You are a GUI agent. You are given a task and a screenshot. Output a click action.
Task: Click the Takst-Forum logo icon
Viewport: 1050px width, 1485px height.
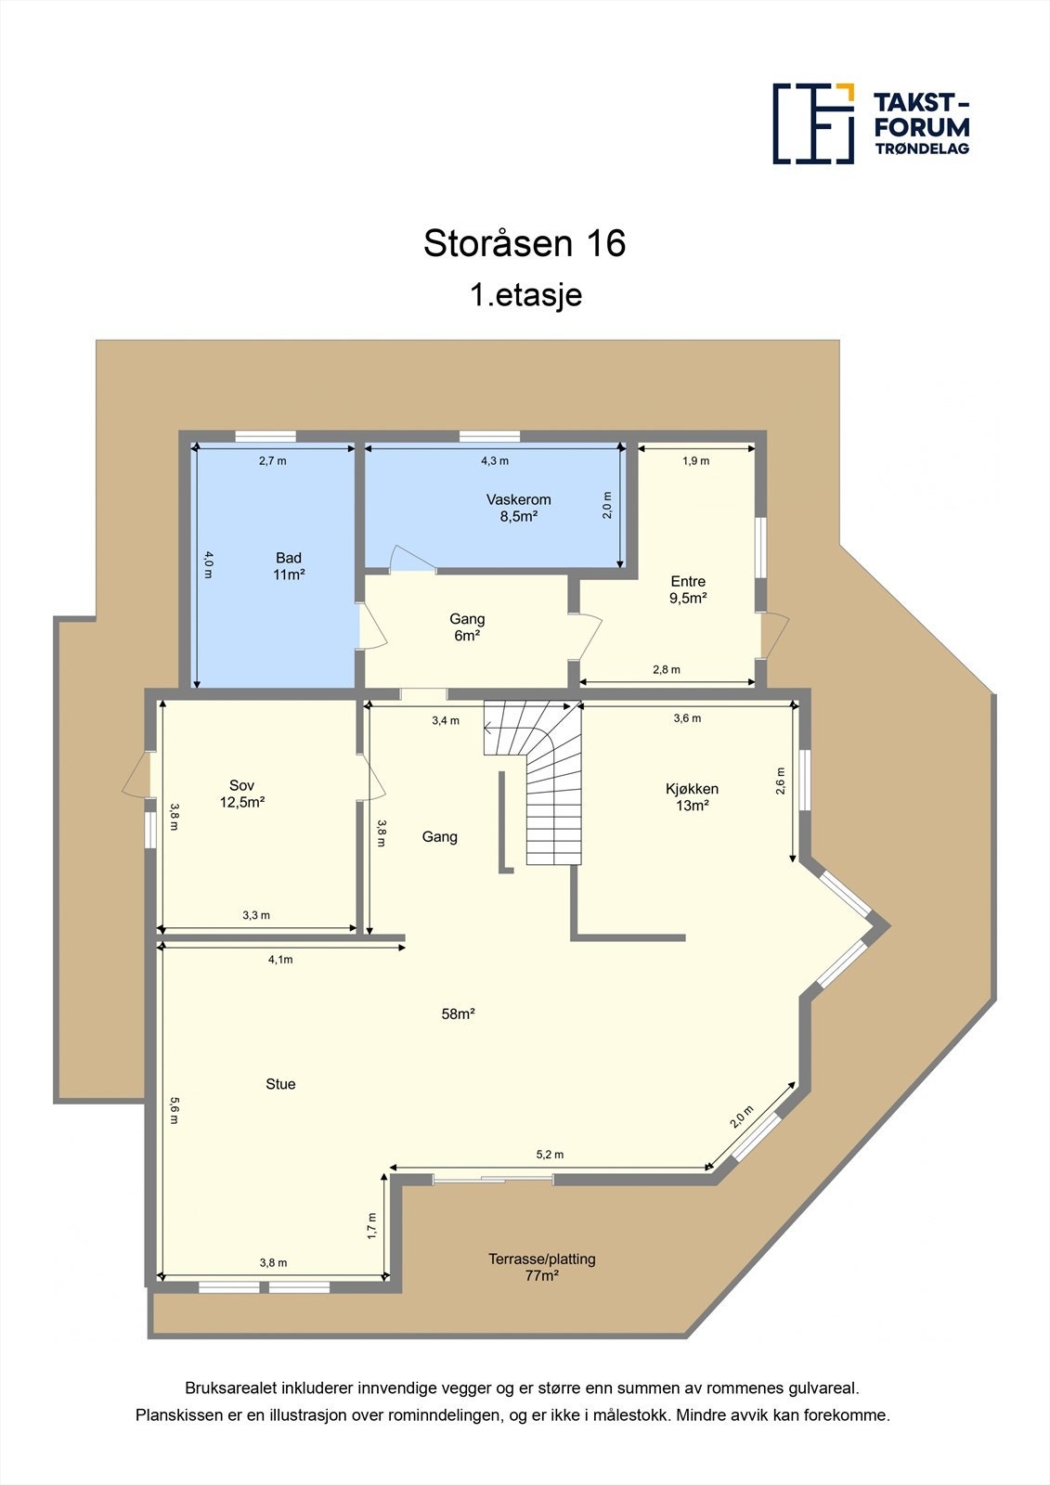813,123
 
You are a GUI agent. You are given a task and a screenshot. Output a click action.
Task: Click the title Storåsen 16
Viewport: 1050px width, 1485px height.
525,243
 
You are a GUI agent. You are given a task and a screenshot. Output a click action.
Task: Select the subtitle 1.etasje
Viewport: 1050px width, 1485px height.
525,295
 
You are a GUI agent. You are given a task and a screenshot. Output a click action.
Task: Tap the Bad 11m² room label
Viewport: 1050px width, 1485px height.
289,566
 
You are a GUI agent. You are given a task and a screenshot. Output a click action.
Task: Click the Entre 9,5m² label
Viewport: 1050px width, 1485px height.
688,589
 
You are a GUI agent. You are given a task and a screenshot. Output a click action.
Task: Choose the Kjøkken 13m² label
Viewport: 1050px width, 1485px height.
692,797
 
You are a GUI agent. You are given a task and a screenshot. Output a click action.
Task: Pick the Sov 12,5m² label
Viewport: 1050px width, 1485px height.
242,794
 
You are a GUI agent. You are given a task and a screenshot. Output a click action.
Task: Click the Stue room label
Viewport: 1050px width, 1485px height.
280,1084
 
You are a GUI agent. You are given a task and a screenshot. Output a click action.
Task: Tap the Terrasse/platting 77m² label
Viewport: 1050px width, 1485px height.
542,1267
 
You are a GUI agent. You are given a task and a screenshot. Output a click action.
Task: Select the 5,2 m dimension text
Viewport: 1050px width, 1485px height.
550,1155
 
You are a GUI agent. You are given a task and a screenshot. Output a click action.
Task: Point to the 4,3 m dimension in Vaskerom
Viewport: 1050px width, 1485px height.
495,460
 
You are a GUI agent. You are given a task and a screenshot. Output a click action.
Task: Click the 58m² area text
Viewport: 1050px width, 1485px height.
458,1014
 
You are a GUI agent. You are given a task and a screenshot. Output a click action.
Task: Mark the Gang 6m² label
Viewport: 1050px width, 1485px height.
467,627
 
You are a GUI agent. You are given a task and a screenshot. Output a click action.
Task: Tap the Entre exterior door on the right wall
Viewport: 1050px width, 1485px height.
772,636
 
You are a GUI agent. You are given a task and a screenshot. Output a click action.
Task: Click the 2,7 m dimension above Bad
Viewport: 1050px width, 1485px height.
272,460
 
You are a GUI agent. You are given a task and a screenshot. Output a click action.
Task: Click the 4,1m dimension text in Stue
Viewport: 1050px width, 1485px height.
280,960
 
